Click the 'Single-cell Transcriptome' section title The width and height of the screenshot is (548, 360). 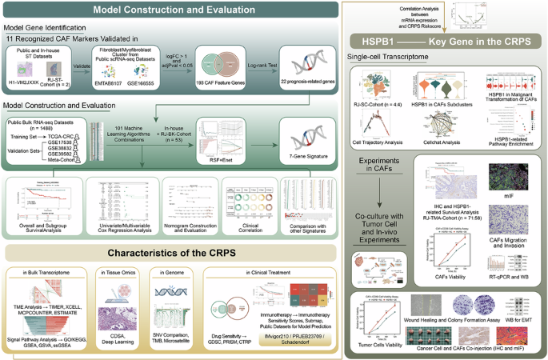pos(391,59)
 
